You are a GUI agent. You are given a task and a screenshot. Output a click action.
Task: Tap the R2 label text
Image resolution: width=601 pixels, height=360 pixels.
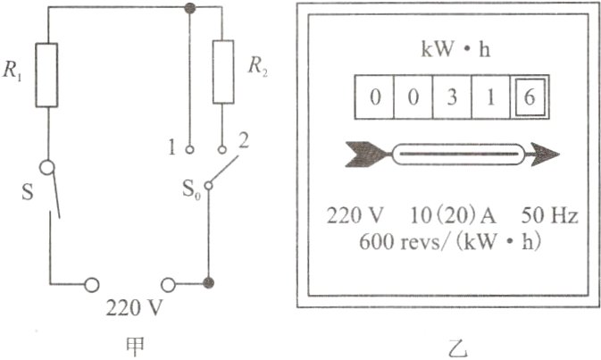tap(258, 68)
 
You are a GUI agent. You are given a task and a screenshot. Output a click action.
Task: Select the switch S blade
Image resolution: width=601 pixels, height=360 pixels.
tap(54, 191)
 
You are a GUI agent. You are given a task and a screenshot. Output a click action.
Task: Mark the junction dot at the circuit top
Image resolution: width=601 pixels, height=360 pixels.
tap(189, 8)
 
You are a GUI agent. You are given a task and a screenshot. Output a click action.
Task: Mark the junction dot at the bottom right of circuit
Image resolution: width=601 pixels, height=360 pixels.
tap(208, 284)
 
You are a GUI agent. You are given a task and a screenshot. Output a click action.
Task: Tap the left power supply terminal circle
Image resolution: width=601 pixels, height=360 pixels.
tap(91, 284)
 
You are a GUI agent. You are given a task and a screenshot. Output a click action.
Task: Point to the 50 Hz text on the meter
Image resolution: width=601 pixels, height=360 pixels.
tap(549, 217)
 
